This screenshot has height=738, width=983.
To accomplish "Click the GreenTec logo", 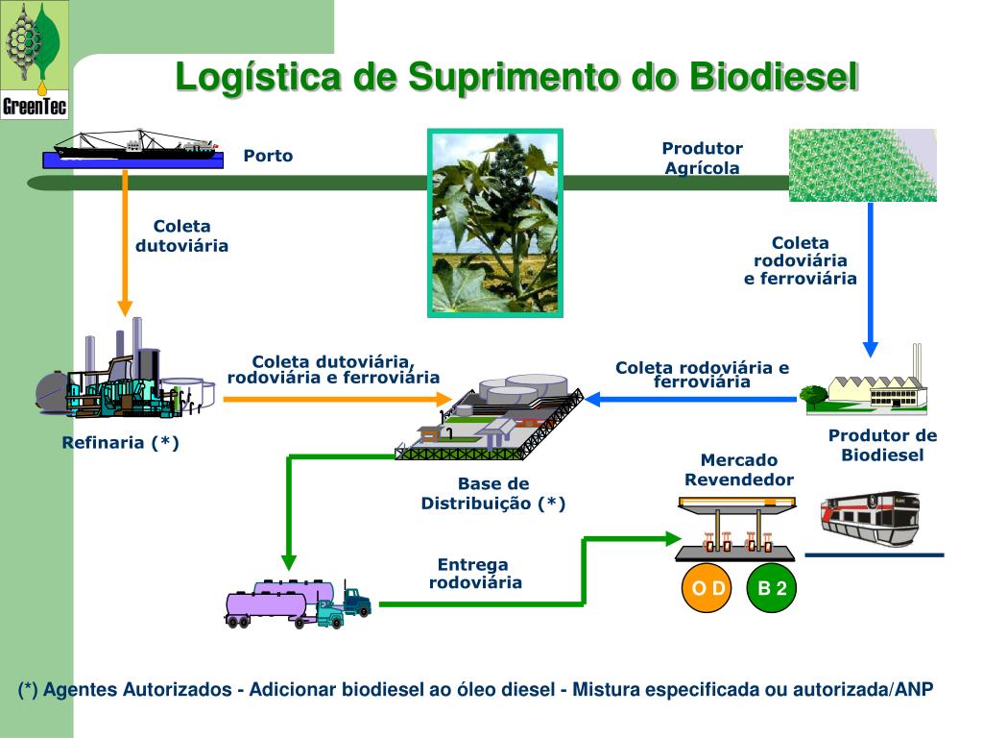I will [35, 60].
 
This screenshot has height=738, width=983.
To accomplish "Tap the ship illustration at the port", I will [137, 147].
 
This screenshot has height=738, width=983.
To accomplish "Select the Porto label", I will [268, 156].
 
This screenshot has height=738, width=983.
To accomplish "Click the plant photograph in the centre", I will [494, 223].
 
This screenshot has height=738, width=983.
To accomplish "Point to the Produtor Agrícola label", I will [703, 158].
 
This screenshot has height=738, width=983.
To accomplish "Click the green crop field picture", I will [862, 164].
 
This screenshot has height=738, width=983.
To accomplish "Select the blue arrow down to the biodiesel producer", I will [871, 279].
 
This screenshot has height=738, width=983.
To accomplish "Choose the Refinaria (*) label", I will [121, 443].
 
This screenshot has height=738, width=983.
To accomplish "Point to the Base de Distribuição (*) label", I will [493, 493].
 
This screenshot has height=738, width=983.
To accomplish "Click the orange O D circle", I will [708, 588].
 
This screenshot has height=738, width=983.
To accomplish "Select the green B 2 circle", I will [772, 588].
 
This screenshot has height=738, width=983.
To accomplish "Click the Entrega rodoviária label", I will [474, 574].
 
